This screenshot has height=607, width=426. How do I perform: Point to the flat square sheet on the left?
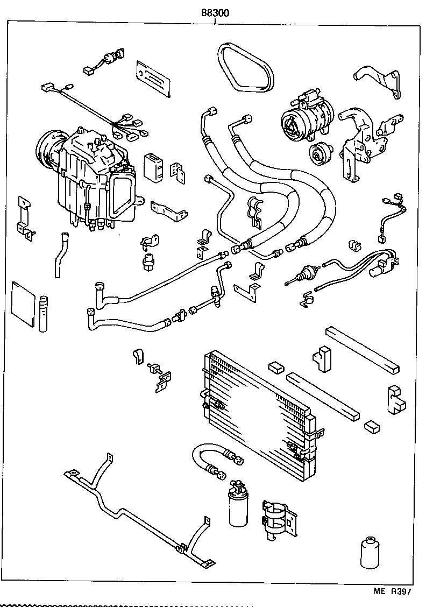pyautogui.click(x=23, y=304)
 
